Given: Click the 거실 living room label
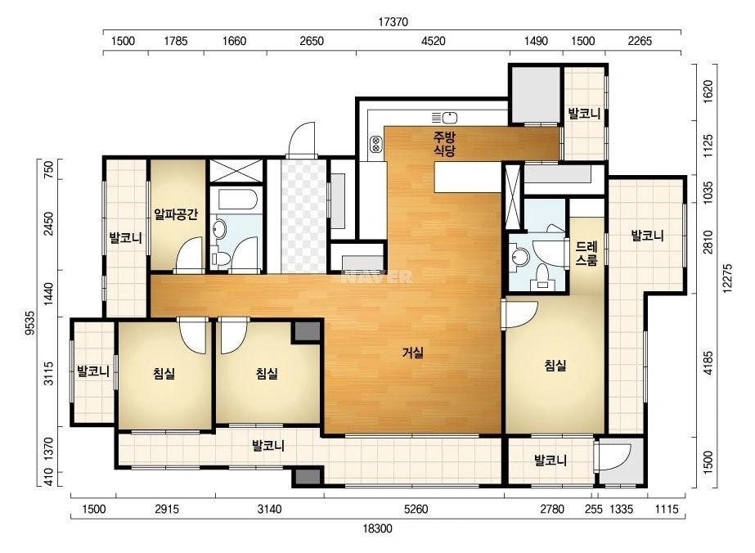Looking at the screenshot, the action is point(412,353).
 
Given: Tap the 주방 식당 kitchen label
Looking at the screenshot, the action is point(444,144).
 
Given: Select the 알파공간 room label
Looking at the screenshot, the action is point(176,214).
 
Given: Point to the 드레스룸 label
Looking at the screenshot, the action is point(586,254).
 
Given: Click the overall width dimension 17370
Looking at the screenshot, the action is point(393,22).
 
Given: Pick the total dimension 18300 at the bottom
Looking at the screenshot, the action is point(378,528).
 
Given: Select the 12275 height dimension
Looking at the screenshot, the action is point(727,277).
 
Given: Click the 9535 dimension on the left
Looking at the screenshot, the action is point(30,322).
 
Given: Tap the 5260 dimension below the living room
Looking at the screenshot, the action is point(416,509).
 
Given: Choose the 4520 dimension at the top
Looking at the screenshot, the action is point(434,41).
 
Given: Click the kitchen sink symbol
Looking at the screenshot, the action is point(444,117).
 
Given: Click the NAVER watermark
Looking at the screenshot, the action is point(376,276).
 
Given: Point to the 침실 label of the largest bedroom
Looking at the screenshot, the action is point(555,366).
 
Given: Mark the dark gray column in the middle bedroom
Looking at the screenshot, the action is point(308,331).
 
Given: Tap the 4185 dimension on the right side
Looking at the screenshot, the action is point(708,363).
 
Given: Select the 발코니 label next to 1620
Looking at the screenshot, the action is point(584,115).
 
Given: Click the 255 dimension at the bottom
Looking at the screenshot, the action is point(594,509).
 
